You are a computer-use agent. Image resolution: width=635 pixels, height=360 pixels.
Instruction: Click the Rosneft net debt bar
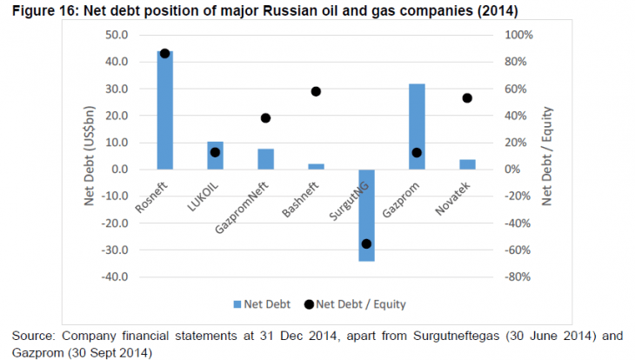coord(164,110)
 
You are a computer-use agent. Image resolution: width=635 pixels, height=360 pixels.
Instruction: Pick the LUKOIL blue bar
coord(215,156)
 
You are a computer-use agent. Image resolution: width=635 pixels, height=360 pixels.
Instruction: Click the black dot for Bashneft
coord(316,91)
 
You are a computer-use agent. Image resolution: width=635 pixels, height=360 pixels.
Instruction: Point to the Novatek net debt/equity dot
coord(467,98)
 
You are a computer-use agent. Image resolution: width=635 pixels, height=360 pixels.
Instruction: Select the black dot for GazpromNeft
coord(265,118)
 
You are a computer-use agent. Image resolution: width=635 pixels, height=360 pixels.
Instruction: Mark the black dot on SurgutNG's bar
coord(366,243)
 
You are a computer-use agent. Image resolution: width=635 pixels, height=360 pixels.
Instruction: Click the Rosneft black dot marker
coord(164,53)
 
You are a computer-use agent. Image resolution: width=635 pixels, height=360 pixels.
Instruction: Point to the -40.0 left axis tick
coord(114,277)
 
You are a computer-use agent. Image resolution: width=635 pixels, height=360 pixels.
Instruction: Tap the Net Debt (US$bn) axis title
coord(90,157)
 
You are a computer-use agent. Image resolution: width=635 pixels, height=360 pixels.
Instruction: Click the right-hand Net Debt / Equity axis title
coord(547,157)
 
